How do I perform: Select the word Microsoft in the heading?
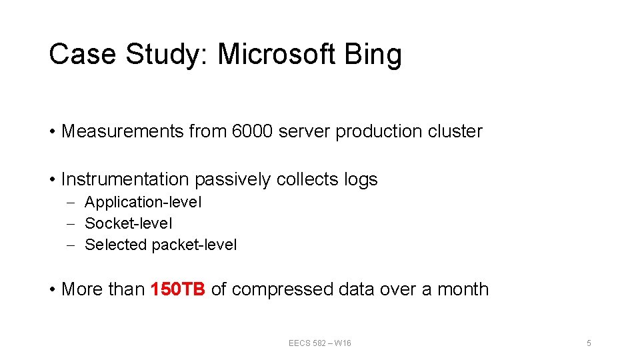coord(276,54)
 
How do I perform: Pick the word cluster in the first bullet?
coord(455,131)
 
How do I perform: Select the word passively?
coord(233,180)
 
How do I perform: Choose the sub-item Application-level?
coord(143,202)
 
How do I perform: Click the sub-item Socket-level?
coord(128,223)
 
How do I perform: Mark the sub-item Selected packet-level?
coord(161,245)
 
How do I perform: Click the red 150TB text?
coord(178,289)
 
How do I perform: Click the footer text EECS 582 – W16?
coord(320,343)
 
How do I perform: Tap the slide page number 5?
coord(589,343)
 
